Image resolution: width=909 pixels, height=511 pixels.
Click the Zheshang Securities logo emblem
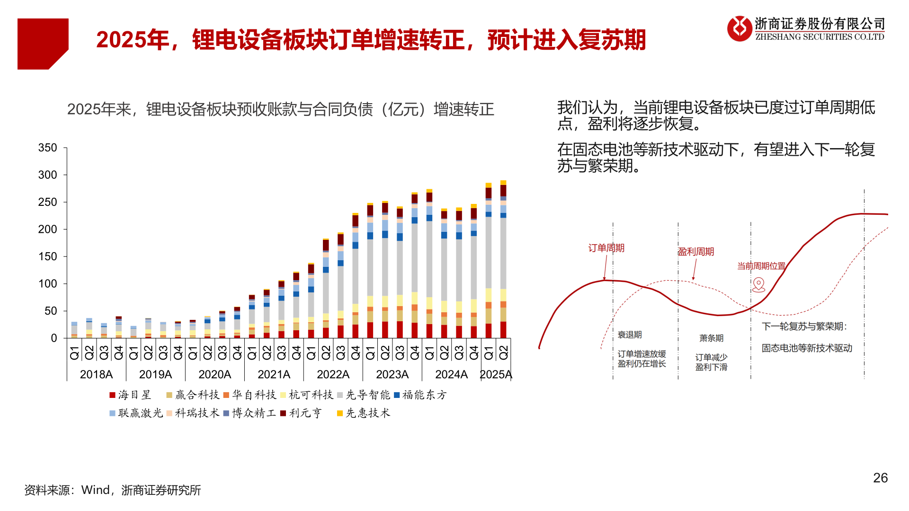click(740, 28)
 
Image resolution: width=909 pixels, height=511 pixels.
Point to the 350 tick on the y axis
click(48, 148)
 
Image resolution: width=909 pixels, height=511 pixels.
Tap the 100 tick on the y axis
click(48, 284)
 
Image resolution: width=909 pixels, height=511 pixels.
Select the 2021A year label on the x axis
click(274, 374)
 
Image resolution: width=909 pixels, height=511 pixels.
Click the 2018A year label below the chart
click(96, 374)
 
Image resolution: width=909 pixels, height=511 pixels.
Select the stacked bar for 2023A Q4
click(415, 265)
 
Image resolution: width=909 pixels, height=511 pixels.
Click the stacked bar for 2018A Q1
click(74, 330)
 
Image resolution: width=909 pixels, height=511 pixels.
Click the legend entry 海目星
click(130, 395)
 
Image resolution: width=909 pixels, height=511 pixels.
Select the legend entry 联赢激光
click(136, 413)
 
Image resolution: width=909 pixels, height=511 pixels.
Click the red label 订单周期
click(606, 248)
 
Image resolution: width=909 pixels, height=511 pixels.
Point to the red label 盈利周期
click(695, 252)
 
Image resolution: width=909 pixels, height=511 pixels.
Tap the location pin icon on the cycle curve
click(758, 284)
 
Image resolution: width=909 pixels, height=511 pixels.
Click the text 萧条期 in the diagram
click(711, 338)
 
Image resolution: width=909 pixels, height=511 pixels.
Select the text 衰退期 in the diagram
click(630, 335)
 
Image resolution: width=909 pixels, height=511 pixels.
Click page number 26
click(880, 478)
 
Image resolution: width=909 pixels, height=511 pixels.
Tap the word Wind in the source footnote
click(95, 490)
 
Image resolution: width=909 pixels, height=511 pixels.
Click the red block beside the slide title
click(43, 44)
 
